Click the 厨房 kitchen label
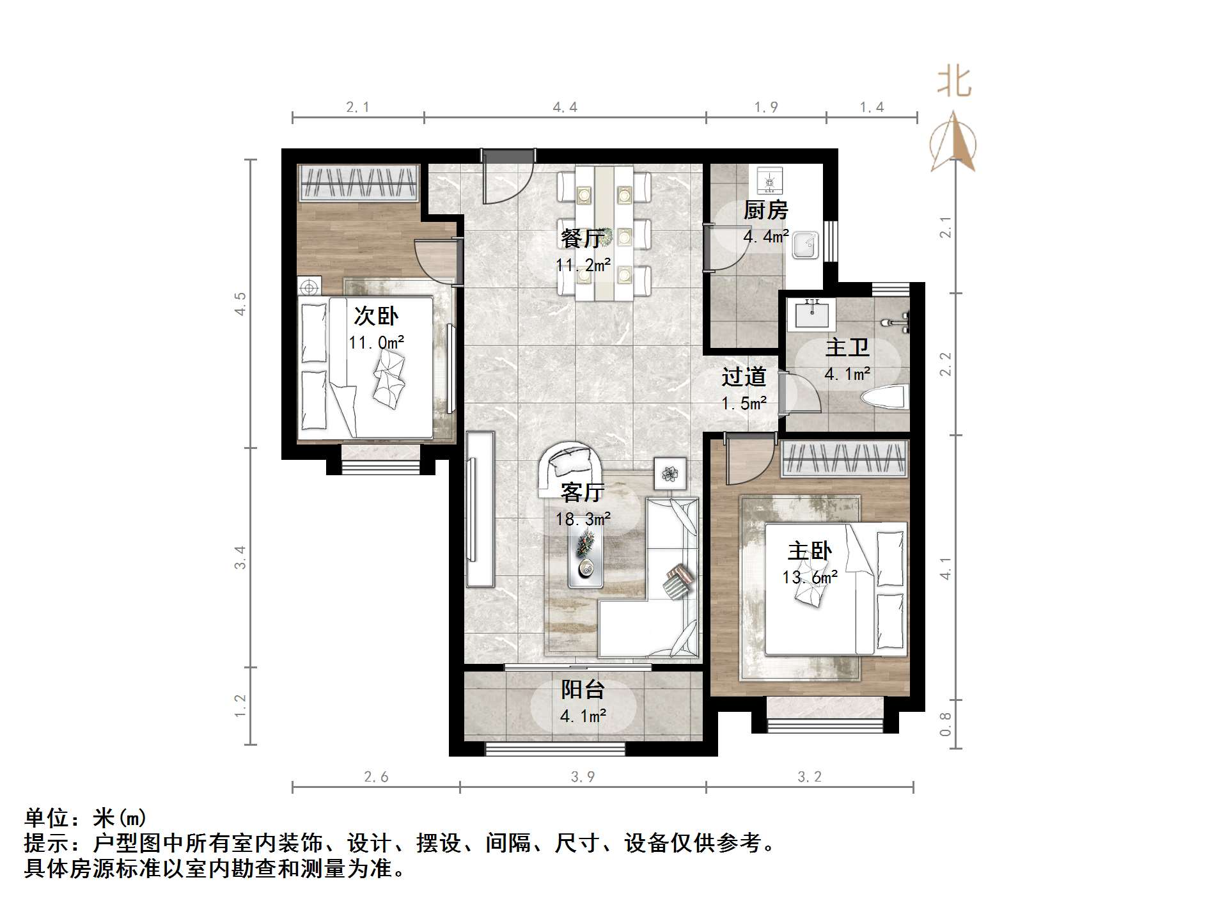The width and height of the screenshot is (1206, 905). click(x=765, y=210)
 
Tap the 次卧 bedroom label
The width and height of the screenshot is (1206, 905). click(x=376, y=316)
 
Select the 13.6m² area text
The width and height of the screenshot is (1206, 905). click(x=810, y=578)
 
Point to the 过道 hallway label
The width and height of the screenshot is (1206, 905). click(x=744, y=377)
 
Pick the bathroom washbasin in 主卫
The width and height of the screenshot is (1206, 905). click(x=812, y=314)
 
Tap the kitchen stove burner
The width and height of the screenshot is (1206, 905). click(x=769, y=180)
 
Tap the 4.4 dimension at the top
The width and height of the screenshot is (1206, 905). click(x=565, y=107)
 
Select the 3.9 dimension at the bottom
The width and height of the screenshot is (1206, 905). click(x=583, y=776)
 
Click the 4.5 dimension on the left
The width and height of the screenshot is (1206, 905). click(x=240, y=303)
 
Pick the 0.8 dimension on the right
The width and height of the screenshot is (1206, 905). click(x=945, y=724)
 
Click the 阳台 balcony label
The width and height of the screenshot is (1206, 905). click(x=583, y=689)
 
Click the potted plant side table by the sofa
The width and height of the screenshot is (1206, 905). click(x=670, y=473)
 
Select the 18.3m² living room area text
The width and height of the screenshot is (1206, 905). click(x=583, y=519)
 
